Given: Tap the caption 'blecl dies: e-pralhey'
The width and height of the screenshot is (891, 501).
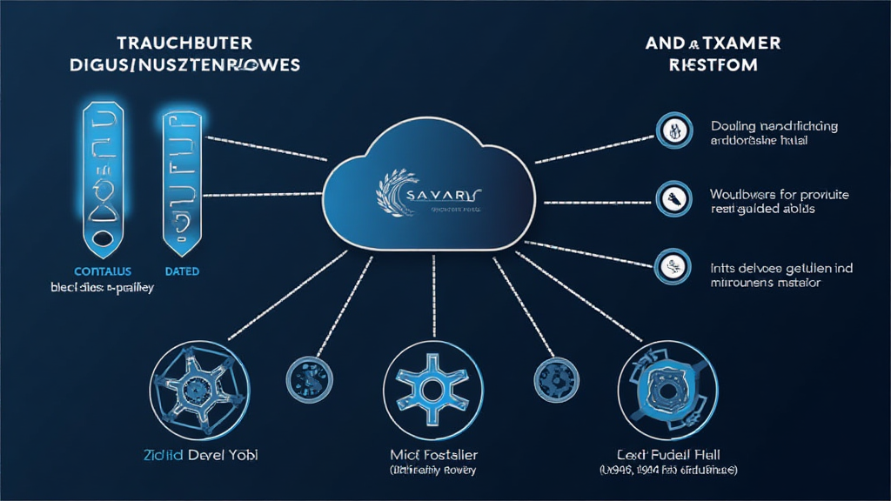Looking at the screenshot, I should [x=90, y=288].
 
